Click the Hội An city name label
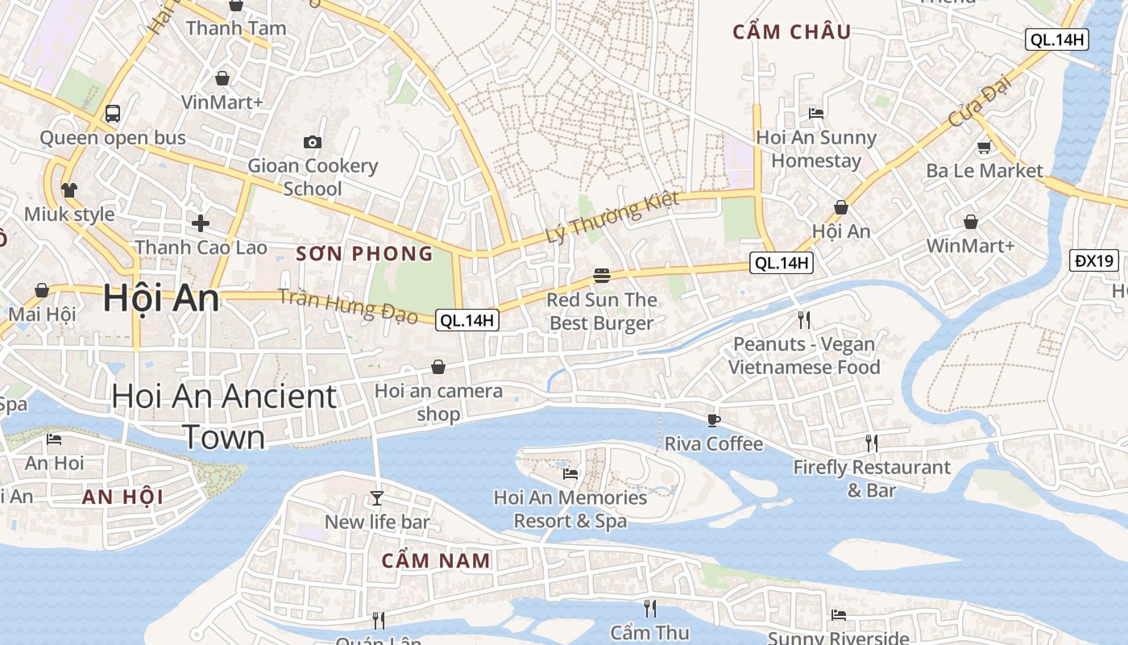pyautogui.click(x=161, y=299)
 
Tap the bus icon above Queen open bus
pyautogui.click(x=113, y=114)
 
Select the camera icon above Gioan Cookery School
pyautogui.click(x=313, y=143)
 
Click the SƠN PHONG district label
pyautogui.click(x=364, y=254)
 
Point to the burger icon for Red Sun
pyautogui.click(x=601, y=276)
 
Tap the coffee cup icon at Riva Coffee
pyautogui.click(x=713, y=419)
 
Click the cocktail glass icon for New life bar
pyautogui.click(x=376, y=497)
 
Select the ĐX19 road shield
pyautogui.click(x=1095, y=260)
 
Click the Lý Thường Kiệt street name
pyautogui.click(x=612, y=218)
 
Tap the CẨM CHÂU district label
pyautogui.click(x=791, y=32)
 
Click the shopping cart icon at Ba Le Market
pyautogui.click(x=984, y=147)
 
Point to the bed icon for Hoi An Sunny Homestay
pyautogui.click(x=816, y=114)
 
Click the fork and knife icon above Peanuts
pyautogui.click(x=804, y=320)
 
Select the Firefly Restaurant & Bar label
pyautogui.click(x=872, y=478)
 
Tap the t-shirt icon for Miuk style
pyautogui.click(x=69, y=190)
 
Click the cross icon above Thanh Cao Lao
pyautogui.click(x=201, y=223)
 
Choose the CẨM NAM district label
pyautogui.click(x=435, y=560)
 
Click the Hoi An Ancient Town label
pyautogui.click(x=224, y=416)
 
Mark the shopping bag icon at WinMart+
pyautogui.click(x=971, y=221)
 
